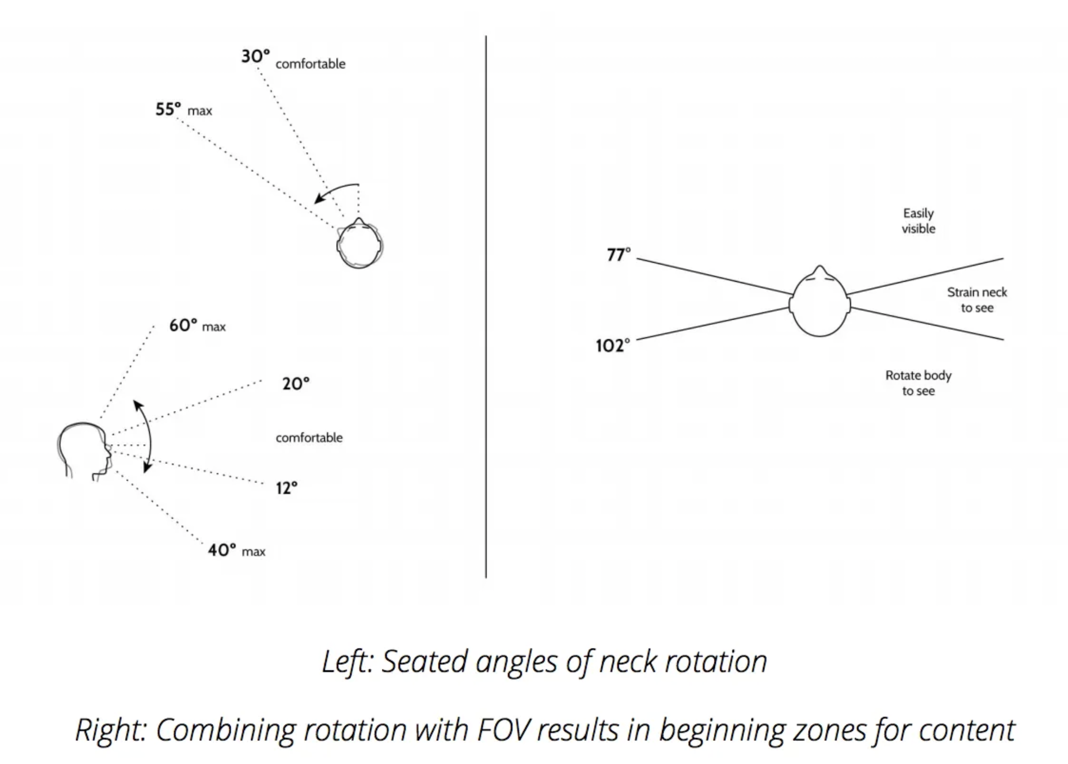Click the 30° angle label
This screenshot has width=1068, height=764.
click(x=256, y=57)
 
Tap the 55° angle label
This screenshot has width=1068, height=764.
click(x=168, y=110)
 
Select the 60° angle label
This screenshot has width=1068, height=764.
click(x=183, y=325)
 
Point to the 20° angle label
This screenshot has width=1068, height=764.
click(x=296, y=384)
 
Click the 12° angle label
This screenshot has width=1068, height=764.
click(x=286, y=488)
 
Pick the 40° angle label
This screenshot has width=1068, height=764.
click(x=222, y=550)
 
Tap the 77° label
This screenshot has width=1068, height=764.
click(x=618, y=255)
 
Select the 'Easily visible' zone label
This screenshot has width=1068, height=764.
click(x=918, y=221)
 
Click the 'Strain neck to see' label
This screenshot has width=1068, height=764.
click(x=977, y=300)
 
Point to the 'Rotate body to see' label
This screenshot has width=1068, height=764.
click(x=918, y=383)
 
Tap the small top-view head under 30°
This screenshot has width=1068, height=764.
click(x=360, y=244)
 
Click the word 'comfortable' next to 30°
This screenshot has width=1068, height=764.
click(x=310, y=64)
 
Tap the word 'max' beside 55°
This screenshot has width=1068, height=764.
click(x=200, y=111)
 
